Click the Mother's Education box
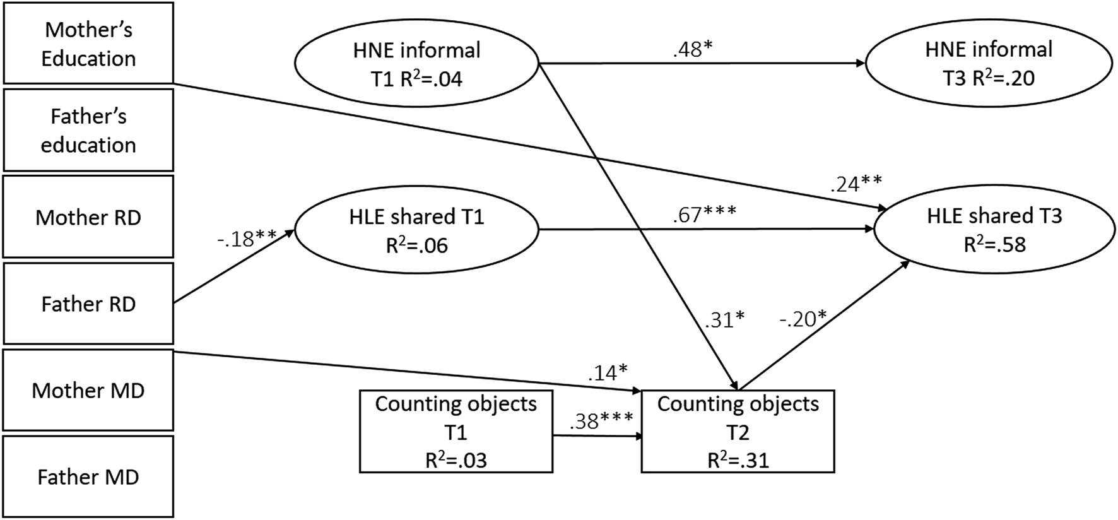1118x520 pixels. (x=88, y=43)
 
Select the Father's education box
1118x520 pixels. (x=88, y=130)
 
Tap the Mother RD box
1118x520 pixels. (x=88, y=217)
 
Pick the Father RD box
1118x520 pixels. (x=88, y=304)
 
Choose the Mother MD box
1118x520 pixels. (x=88, y=390)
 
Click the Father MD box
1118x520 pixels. (x=88, y=476)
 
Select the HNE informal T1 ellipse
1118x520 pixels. (x=416, y=64)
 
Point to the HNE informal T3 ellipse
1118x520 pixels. (x=989, y=63)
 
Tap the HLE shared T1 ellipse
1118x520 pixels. (x=416, y=230)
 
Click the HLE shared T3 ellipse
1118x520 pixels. (x=994, y=230)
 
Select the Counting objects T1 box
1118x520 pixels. (x=456, y=432)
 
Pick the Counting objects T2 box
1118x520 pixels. (x=738, y=432)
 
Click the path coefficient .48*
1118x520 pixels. (x=692, y=50)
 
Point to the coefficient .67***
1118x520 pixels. (x=704, y=215)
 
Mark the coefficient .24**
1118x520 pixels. (x=856, y=184)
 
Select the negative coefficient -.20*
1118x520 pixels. (x=803, y=319)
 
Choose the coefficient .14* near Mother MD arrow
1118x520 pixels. (x=608, y=373)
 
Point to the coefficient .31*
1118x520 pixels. (x=724, y=319)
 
